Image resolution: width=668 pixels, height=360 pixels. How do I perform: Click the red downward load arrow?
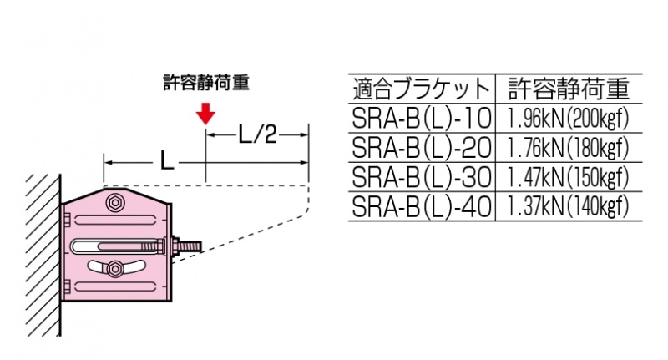tap(205, 114)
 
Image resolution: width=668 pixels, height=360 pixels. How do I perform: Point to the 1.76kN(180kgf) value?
tap(568, 148)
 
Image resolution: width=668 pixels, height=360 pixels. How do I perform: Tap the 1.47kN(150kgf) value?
tap(568, 177)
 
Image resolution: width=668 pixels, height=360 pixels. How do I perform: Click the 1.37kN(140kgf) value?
tap(568, 206)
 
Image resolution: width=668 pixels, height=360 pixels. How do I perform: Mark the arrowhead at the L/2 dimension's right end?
tap(306, 134)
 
